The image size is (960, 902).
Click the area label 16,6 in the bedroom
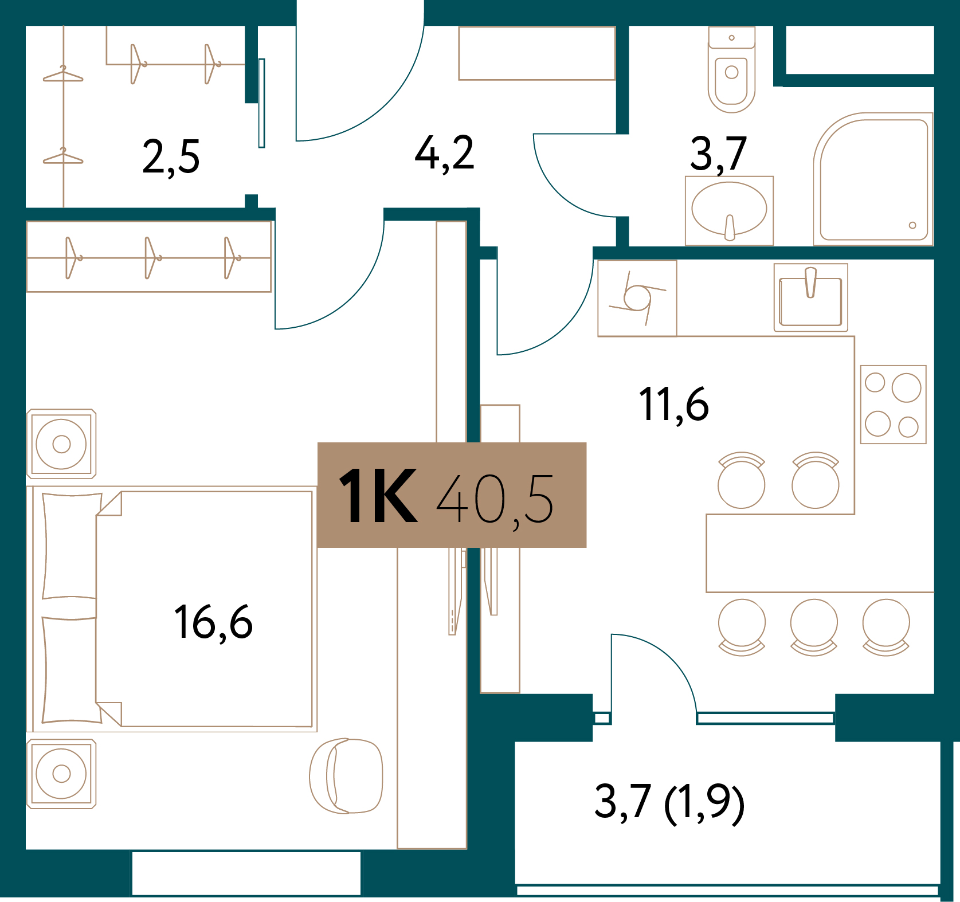pyautogui.click(x=213, y=622)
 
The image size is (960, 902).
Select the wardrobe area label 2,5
pyautogui.click(x=171, y=157)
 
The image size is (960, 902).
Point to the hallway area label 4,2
pyautogui.click(x=444, y=154)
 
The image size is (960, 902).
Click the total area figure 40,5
pyautogui.click(x=495, y=499)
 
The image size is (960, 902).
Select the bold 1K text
pyautogui.click(x=378, y=496)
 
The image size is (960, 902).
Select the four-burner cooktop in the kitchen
pyautogui.click(x=893, y=405)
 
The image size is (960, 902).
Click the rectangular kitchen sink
pyautogui.click(x=810, y=298)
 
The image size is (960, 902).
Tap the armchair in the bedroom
pyautogui.click(x=346, y=775)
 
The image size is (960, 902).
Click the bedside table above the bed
pyautogui.click(x=61, y=444)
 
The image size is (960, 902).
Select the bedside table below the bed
pyautogui.click(x=61, y=774)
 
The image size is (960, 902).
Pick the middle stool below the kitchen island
pyautogui.click(x=814, y=626)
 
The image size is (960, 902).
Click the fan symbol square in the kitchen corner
pyautogui.click(x=637, y=298)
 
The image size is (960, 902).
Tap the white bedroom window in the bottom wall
pyautogui.click(x=246, y=873)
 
